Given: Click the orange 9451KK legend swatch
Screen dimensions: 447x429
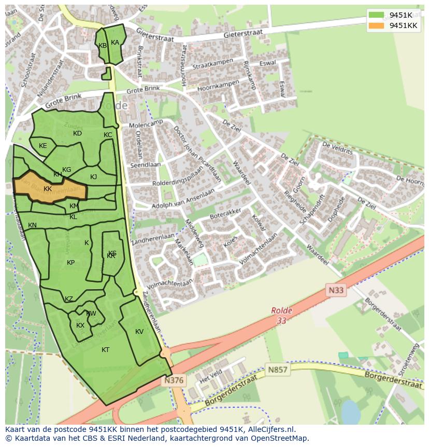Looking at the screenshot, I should tap(377, 25).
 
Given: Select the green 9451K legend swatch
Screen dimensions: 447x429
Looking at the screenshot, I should tap(377, 15).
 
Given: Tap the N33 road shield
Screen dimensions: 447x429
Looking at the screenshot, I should tap(336, 290).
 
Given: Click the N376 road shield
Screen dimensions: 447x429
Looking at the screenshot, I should tap(174, 381).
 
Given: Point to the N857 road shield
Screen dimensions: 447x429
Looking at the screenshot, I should tap(278, 370).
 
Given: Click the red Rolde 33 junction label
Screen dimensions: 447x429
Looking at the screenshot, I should tap(281, 316).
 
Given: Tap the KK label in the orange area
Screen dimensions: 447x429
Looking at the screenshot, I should tap(48, 189).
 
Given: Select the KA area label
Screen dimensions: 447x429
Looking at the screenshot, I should tap(115, 43).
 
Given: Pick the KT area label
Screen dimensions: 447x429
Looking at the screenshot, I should tap(105, 350).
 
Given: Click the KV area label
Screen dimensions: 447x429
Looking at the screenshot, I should tap(139, 332).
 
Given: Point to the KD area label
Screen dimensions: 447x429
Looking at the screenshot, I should tap(77, 133).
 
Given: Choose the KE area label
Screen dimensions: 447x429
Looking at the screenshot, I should tap(43, 146).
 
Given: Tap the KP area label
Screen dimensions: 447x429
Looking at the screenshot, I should tap(70, 263).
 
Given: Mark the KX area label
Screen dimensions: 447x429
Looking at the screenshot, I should tap(80, 326).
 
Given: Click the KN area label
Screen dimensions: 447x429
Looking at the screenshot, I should tap(32, 225).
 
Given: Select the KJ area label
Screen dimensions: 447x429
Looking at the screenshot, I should tap(93, 177).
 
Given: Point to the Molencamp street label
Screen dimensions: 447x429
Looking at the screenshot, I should tap(146, 124).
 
